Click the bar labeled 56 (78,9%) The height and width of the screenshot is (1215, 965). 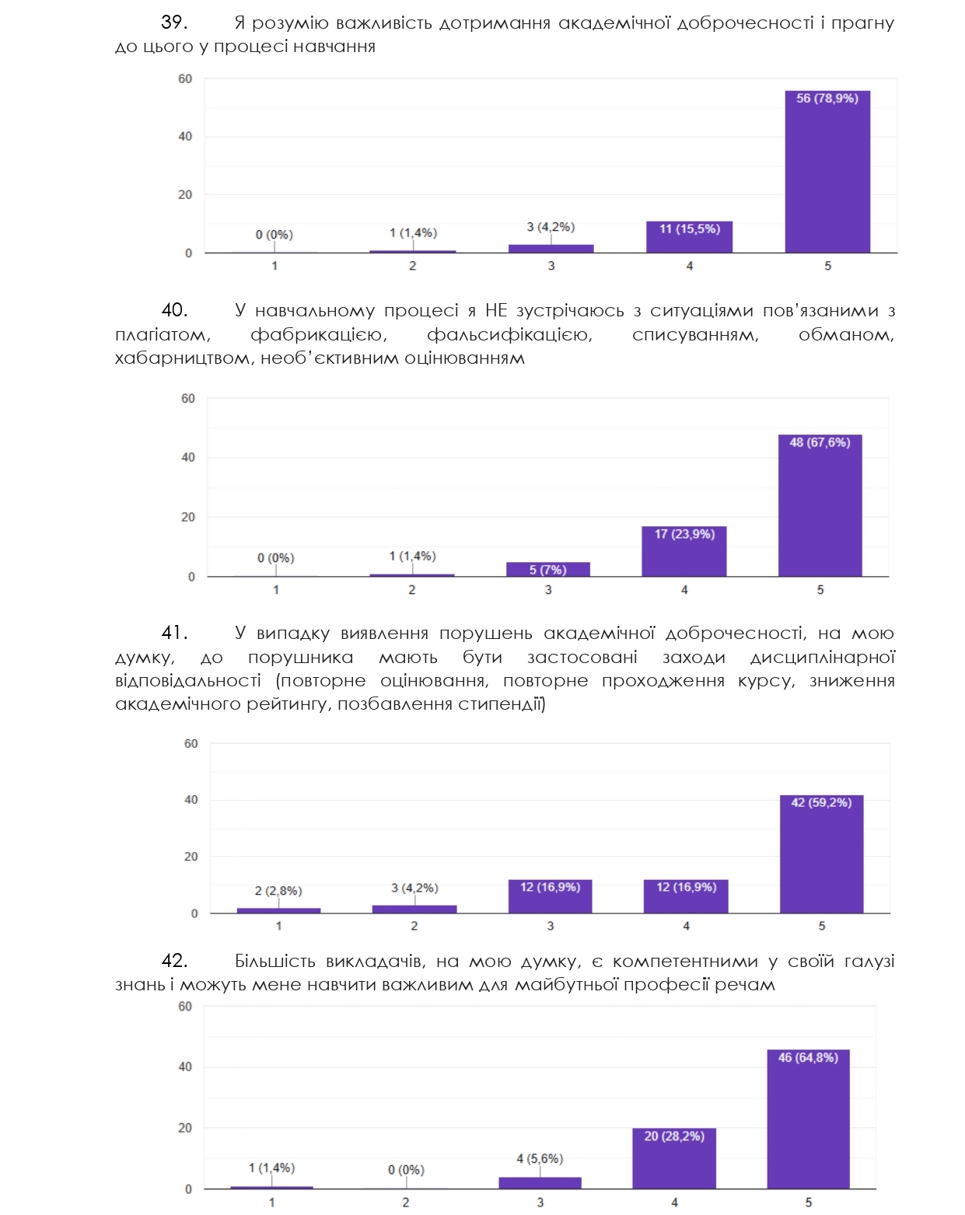[x=827, y=172]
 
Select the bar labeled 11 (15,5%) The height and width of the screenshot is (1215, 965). [x=689, y=237]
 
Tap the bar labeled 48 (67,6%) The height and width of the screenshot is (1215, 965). [x=820, y=505]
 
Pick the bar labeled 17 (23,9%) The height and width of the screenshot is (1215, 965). [x=684, y=551]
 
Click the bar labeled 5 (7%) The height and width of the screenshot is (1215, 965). [x=548, y=569]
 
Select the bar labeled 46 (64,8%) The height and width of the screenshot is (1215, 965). [x=808, y=1119]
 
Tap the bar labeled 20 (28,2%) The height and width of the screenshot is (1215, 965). [x=674, y=1158]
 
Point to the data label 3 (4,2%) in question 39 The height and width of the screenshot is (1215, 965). [x=551, y=227]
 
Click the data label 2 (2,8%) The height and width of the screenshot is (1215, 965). [x=278, y=891]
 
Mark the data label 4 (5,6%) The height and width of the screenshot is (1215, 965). [x=540, y=1158]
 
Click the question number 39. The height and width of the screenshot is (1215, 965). [x=173, y=23]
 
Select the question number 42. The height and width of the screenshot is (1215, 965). [x=173, y=961]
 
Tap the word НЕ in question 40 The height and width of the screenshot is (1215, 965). [x=496, y=311]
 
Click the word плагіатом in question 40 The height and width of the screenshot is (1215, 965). [x=163, y=335]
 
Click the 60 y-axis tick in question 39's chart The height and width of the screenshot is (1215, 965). [x=185, y=79]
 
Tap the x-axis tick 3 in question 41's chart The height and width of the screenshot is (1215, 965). [x=551, y=926]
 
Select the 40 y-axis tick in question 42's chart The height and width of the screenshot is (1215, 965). [x=185, y=1067]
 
